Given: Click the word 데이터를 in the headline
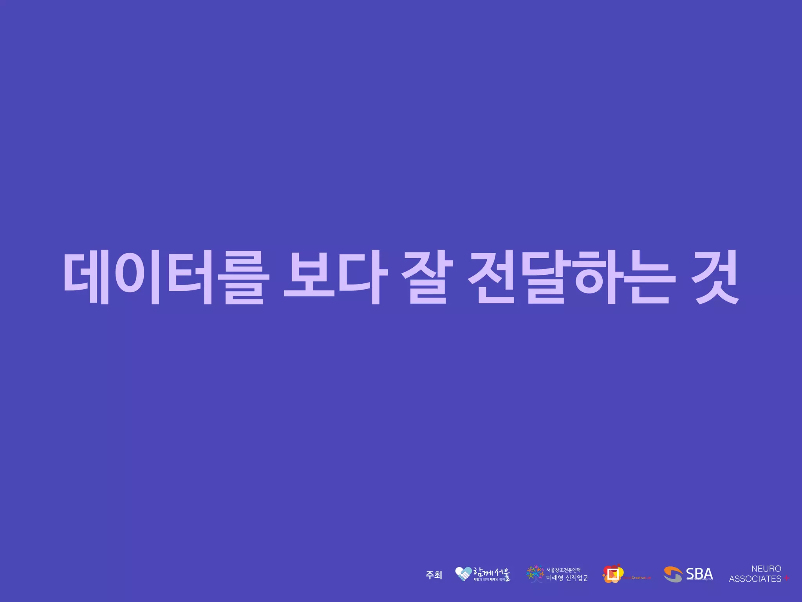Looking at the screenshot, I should coord(166,277).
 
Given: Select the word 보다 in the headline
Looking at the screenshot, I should coord(336,277).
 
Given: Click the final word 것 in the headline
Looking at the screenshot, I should coord(715,277).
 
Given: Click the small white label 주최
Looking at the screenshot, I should coord(434,575).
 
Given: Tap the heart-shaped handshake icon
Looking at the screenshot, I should coord(463,574).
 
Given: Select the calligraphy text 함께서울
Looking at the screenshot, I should coord(491,573).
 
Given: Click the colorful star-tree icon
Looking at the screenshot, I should coord(535,574).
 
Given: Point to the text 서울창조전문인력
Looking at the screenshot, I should coord(564,570).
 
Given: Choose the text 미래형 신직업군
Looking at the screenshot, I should coord(567,578).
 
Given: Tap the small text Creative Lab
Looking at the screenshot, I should coord(641,578).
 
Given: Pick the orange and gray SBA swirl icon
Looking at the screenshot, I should coord(673,575).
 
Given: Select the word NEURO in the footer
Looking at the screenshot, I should coord(766,569).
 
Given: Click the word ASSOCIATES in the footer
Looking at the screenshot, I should coord(755,579).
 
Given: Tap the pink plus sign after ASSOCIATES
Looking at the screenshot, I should coord(787,578).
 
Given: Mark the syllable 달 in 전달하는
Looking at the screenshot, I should coord(546,277).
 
